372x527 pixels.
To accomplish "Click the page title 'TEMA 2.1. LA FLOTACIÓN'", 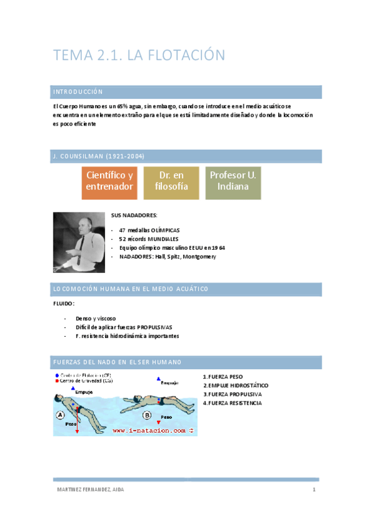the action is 138,55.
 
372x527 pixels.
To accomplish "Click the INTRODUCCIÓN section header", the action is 78,92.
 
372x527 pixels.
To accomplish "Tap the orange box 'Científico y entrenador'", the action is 110,181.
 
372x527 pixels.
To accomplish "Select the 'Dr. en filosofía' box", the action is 171,181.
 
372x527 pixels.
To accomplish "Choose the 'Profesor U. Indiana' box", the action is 232,181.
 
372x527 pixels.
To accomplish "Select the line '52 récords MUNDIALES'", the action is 148,239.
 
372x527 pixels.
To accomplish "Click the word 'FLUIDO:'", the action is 65,304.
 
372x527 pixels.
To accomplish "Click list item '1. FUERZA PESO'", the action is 223,377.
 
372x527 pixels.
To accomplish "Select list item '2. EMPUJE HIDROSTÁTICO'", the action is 235,385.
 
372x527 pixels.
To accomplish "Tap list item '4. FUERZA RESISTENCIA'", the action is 232,403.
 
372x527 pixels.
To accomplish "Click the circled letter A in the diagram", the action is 61,415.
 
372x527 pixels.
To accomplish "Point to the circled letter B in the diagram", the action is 147,415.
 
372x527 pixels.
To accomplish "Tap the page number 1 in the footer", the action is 315,490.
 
